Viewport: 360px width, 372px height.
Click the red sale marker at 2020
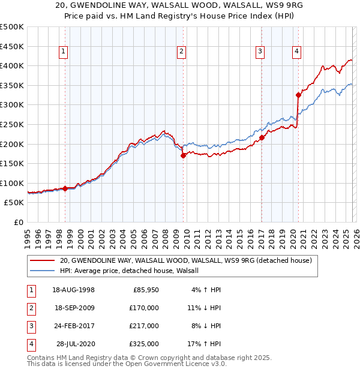pyautogui.click(x=298, y=95)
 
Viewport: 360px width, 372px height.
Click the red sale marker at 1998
pyautogui.click(x=65, y=188)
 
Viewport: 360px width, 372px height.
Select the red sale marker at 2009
pyautogui.click(x=183, y=155)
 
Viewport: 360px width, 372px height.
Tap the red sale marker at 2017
pyautogui.click(x=262, y=137)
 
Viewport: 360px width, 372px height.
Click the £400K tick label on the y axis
pyautogui.click(x=12, y=65)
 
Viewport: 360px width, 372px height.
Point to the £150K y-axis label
pyautogui.click(x=12, y=163)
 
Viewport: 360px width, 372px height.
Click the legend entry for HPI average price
pyautogui.click(x=133, y=271)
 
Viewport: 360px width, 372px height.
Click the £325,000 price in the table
pyautogui.click(x=144, y=344)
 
